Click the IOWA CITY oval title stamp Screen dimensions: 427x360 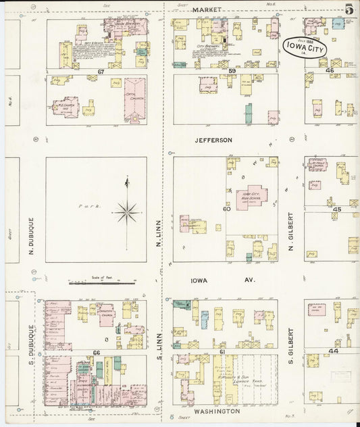click(305, 47)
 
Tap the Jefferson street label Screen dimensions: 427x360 click(213, 140)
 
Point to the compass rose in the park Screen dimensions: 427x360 click(126, 211)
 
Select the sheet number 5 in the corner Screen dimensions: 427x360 click(349, 9)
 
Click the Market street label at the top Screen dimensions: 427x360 click(206, 10)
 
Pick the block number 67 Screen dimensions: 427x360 click(101, 71)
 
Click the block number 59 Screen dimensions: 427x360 click(231, 71)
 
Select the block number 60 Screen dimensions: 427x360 click(227, 209)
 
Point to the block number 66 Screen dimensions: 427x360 click(97, 352)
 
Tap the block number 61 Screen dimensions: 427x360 click(222, 352)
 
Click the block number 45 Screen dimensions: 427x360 click(337, 209)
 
